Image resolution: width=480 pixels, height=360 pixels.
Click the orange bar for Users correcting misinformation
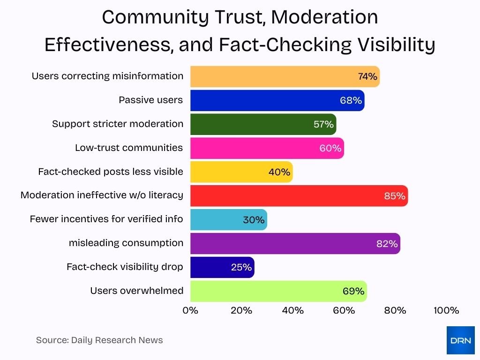coord(272,76)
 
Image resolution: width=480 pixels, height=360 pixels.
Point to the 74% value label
coord(367,76)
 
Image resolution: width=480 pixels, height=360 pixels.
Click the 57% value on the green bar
coord(323,124)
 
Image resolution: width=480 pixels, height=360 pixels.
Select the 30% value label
coord(254,219)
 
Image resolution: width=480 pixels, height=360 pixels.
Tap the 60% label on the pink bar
coord(330,148)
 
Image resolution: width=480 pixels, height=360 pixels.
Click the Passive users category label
coord(150,100)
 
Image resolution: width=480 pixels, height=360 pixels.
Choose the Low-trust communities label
coord(129,148)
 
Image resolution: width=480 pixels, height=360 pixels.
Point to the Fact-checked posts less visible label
coord(111,172)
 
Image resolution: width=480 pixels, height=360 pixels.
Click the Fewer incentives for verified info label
coord(106,219)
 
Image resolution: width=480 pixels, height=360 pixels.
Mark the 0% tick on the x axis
coord(190,310)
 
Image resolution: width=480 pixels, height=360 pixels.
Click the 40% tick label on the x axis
coord(292,310)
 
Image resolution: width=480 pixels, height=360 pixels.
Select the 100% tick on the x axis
coord(446,310)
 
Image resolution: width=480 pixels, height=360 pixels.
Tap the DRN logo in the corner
coord(460,340)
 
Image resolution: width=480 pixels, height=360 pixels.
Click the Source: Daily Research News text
coord(99,340)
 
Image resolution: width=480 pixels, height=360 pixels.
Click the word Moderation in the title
coord(324,18)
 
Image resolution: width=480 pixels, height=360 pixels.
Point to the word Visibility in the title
coord(396,45)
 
